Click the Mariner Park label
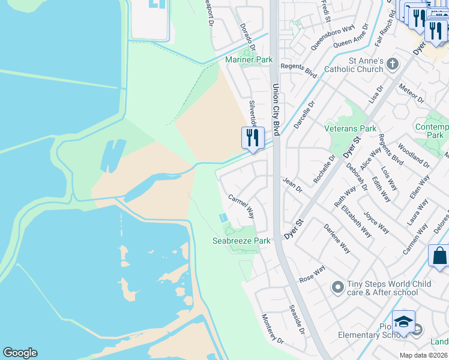click(249, 59)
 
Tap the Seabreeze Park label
click(241, 241)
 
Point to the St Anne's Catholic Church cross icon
click(393, 63)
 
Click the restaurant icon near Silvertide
click(253, 138)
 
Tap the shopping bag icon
click(438, 255)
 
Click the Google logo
click(20, 353)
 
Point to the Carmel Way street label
click(241, 206)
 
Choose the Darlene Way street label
click(337, 238)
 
